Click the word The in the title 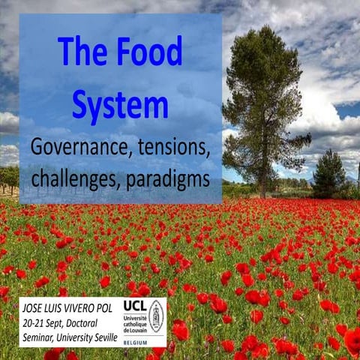[x=84, y=53]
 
